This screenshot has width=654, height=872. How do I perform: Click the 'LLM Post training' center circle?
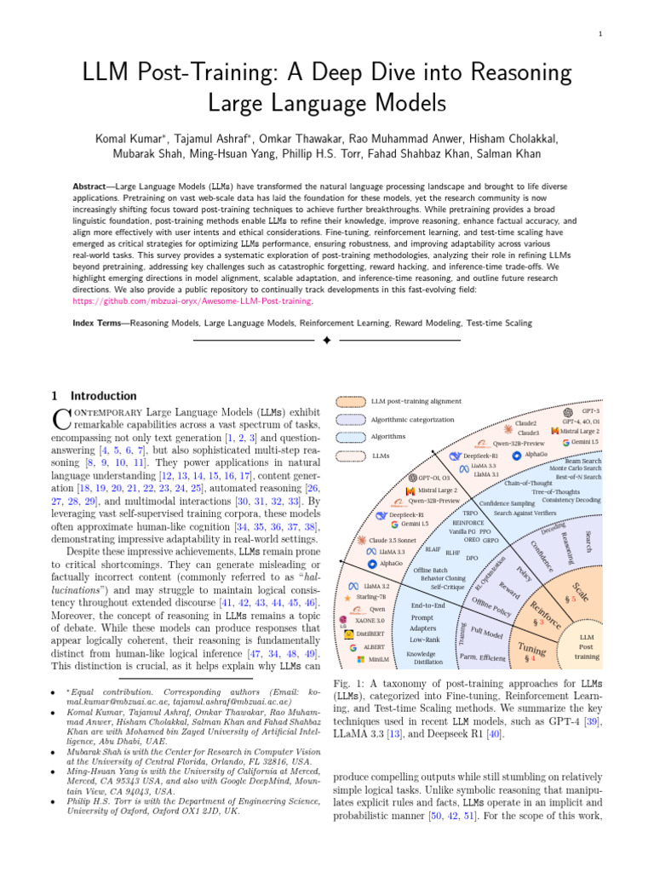(587, 646)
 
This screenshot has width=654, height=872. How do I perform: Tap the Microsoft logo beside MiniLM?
(360, 659)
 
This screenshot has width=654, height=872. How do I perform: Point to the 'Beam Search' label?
(582, 461)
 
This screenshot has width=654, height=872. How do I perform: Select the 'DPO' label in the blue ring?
(472, 557)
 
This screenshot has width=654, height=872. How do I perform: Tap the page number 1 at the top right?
(600, 34)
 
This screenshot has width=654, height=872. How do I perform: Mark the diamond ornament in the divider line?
(326, 341)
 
